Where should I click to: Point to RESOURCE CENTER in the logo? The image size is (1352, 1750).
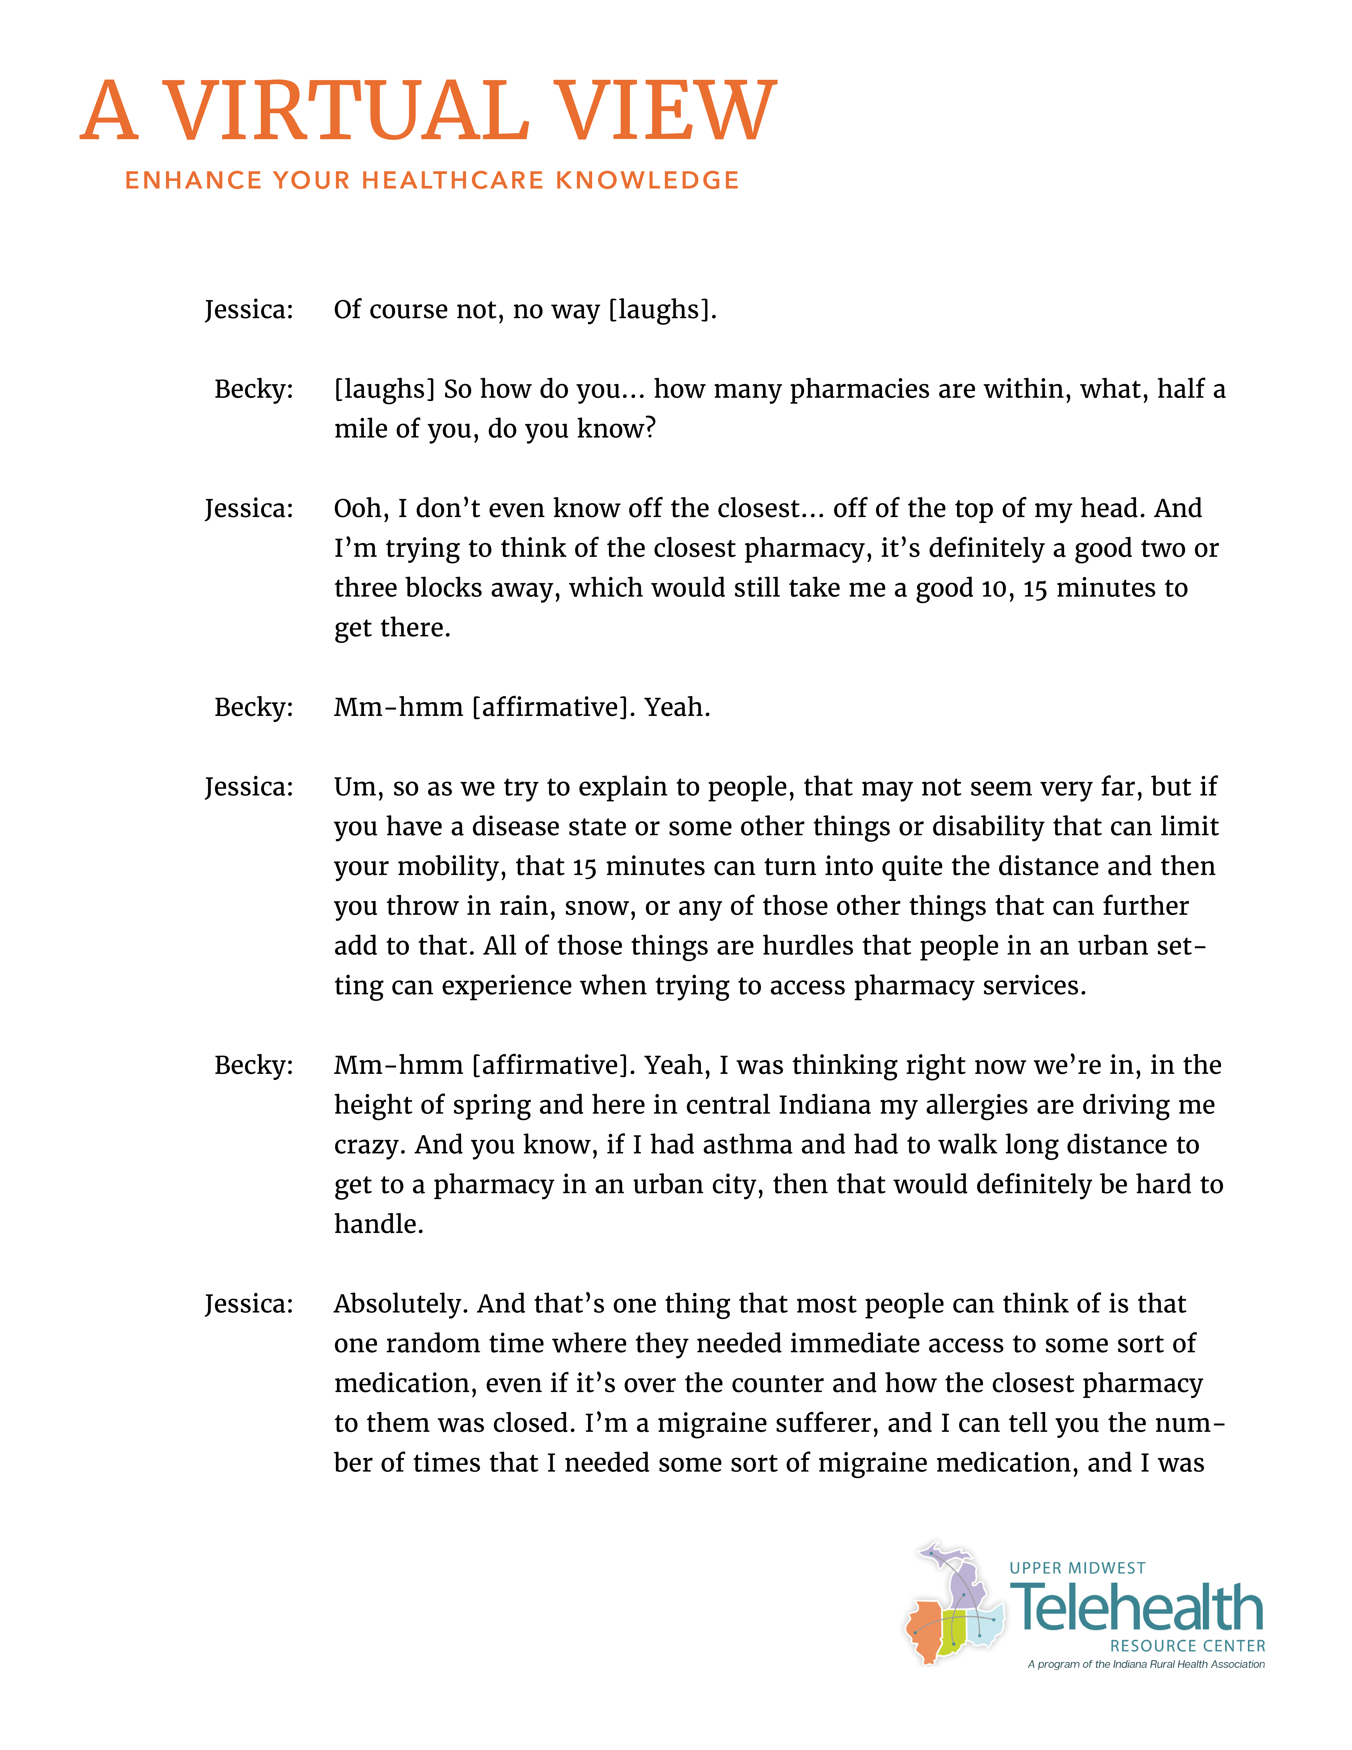[1187, 1646]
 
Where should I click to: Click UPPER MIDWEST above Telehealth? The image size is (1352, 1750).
[1077, 1568]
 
